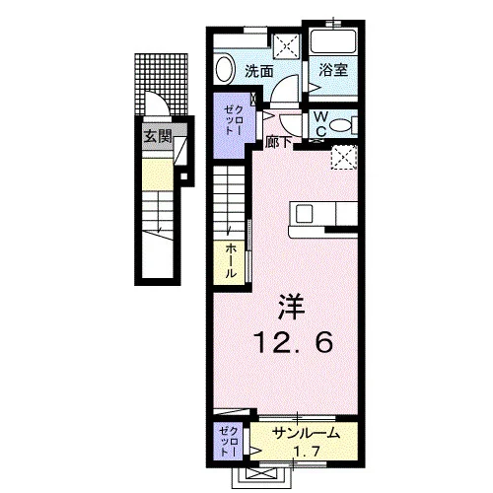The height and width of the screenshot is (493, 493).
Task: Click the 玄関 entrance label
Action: (x=158, y=136)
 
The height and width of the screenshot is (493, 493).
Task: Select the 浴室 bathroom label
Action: (x=333, y=70)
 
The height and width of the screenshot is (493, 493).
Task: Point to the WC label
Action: (x=321, y=123)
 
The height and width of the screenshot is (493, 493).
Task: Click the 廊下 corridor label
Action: (x=279, y=143)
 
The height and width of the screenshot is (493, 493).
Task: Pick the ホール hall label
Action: (x=231, y=261)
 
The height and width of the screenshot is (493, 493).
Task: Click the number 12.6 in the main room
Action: (x=294, y=342)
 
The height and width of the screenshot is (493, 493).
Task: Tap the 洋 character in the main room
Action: (x=291, y=307)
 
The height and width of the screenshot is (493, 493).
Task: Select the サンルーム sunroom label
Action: (x=306, y=434)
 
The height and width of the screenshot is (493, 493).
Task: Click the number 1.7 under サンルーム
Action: (x=306, y=452)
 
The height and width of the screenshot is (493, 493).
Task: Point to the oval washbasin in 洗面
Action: (x=225, y=69)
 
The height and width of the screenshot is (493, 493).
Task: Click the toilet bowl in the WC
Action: (x=341, y=125)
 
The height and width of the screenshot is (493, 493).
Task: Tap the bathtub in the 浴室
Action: (x=333, y=41)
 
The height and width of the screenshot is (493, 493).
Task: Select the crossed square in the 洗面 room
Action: (x=287, y=45)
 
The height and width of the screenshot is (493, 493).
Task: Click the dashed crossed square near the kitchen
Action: (x=344, y=158)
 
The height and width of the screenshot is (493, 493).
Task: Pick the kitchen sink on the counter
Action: (x=304, y=214)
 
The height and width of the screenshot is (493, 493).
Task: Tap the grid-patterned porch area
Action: (x=162, y=85)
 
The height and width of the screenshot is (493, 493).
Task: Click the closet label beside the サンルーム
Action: (x=228, y=441)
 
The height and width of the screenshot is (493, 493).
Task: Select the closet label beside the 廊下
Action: (x=234, y=119)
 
